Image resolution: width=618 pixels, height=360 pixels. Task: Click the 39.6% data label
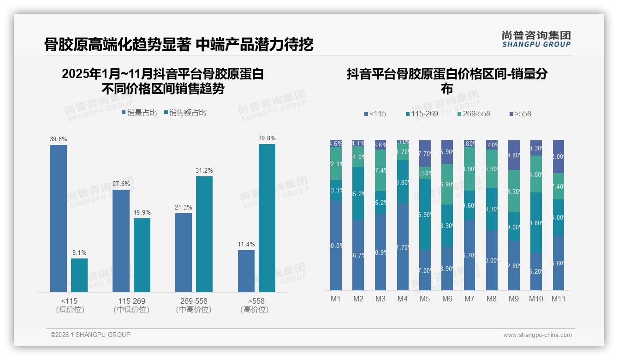tap(59, 139)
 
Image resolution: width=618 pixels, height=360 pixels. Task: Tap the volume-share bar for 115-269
tap(121, 240)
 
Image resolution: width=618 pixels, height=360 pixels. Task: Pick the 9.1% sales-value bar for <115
tap(79, 275)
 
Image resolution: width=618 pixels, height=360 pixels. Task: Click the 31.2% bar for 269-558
tap(204, 234)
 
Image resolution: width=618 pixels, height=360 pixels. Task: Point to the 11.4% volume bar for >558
tap(246, 271)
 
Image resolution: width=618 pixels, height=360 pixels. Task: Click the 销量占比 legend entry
tap(139, 113)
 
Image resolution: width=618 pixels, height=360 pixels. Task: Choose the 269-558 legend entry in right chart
tap(474, 114)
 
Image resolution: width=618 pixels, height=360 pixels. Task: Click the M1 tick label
tap(336, 299)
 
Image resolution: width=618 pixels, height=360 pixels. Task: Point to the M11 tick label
tap(559, 299)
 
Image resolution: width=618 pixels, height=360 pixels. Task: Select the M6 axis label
tap(447, 299)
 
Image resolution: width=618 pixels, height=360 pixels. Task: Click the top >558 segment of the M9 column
tap(514, 155)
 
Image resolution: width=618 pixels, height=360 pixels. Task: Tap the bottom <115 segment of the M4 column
tap(402, 247)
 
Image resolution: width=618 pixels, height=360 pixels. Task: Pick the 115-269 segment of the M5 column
tap(425, 215)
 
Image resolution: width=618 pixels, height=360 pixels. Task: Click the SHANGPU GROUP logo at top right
tap(536, 39)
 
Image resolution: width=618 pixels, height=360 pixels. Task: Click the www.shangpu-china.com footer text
tap(537, 335)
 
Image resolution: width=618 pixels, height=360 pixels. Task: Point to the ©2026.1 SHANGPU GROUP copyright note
tap(90, 335)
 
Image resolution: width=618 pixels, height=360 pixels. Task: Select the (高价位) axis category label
tap(254, 310)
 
